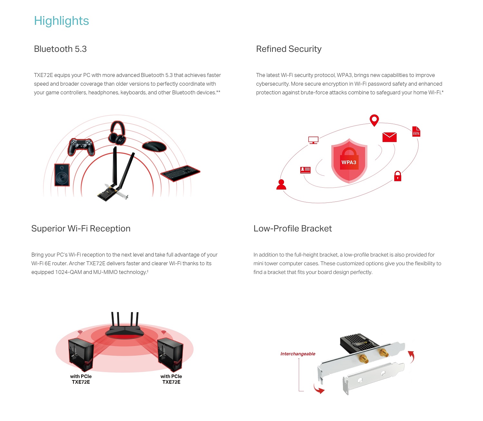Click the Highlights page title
61,21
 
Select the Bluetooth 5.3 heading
60,49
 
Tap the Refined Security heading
289,49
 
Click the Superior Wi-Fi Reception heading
81,229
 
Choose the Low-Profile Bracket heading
292,229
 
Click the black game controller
81,146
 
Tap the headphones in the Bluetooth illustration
117,133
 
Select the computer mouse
154,146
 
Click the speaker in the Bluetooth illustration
62,175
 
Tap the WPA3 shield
349,161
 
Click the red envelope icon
389,137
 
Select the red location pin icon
374,120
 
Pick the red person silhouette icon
281,184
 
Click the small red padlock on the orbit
398,176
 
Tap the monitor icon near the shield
313,140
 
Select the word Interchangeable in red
298,354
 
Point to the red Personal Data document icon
416,131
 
